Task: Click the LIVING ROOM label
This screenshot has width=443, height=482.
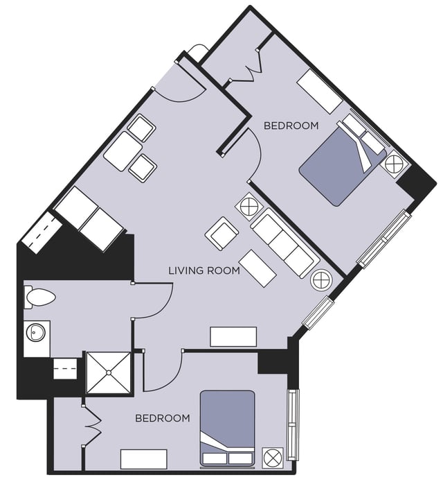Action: [x=204, y=270]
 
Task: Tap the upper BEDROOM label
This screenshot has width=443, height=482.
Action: [x=291, y=126]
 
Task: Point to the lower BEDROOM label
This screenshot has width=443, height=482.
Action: [x=162, y=418]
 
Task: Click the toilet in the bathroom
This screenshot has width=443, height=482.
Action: [x=39, y=298]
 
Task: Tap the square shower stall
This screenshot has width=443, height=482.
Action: [x=107, y=373]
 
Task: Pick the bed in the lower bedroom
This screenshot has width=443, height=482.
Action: [x=227, y=427]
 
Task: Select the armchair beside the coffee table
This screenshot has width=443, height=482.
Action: [x=222, y=233]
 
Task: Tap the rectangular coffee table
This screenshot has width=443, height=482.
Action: [x=257, y=268]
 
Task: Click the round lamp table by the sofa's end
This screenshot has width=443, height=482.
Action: [x=321, y=280]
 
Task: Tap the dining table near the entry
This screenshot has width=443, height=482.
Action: [x=124, y=150]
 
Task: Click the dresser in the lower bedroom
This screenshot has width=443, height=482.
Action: [x=144, y=459]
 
